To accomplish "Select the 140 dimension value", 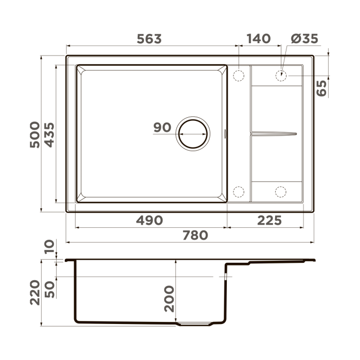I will (x=259, y=39).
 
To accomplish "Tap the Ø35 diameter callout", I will (x=304, y=39).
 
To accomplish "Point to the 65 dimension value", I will (x=322, y=88).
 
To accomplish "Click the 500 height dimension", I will (x=34, y=135).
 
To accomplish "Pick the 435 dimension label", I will (x=49, y=135).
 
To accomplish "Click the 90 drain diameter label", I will (x=163, y=128).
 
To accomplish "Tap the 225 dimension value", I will (x=269, y=220).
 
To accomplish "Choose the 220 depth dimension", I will (x=34, y=292).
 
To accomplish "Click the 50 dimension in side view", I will (x=49, y=289).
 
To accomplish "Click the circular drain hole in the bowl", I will (x=193, y=133).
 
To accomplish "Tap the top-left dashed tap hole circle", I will (x=239, y=75).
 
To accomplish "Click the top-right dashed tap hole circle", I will (x=280, y=75).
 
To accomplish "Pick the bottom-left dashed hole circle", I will (x=239, y=191).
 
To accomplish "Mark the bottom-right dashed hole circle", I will (x=280, y=191).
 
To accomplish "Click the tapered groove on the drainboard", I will (x=273, y=134).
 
